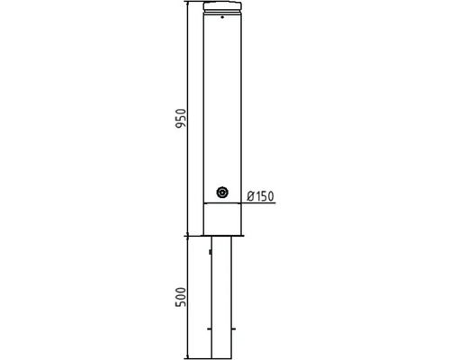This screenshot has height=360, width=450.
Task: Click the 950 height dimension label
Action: click(181, 119)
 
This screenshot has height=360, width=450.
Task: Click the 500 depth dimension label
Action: click(181, 297)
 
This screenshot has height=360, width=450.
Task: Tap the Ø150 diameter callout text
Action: click(260, 196)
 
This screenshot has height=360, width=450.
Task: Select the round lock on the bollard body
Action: click(222, 192)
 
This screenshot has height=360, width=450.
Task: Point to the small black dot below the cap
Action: click(222, 17)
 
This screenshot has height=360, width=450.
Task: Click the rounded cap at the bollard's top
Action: click(222, 5)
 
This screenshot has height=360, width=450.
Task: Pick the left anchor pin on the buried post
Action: click(210, 329)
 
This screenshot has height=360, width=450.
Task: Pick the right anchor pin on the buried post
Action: click(234, 329)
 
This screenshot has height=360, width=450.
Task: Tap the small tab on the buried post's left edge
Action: click(211, 252)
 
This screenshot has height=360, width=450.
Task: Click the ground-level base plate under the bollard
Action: click(222, 236)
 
